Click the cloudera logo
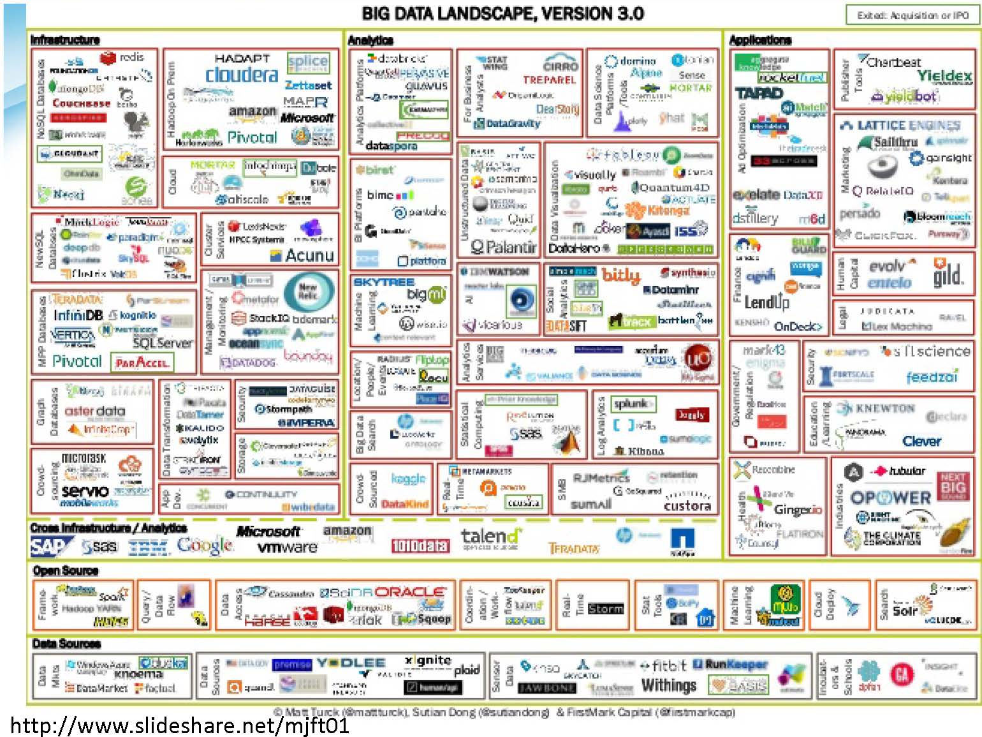(242, 75)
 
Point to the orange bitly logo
(620, 275)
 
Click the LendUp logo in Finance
(766, 302)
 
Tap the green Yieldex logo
(944, 76)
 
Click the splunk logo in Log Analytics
(631, 403)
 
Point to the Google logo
(205, 546)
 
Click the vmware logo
(287, 547)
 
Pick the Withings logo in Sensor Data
(668, 685)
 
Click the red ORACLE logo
(410, 592)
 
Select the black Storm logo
(605, 609)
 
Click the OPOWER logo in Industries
(890, 497)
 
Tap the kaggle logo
(408, 479)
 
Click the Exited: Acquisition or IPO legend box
(912, 15)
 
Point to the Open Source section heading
(66, 570)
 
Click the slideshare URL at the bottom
(180, 726)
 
